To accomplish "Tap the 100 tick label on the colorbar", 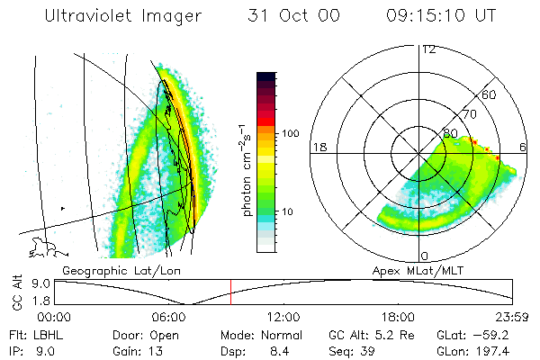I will click(x=291, y=133).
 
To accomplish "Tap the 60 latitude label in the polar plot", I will click(x=489, y=94).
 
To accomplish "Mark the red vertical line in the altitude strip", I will click(x=230, y=292).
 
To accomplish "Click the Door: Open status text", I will click(x=144, y=334).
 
